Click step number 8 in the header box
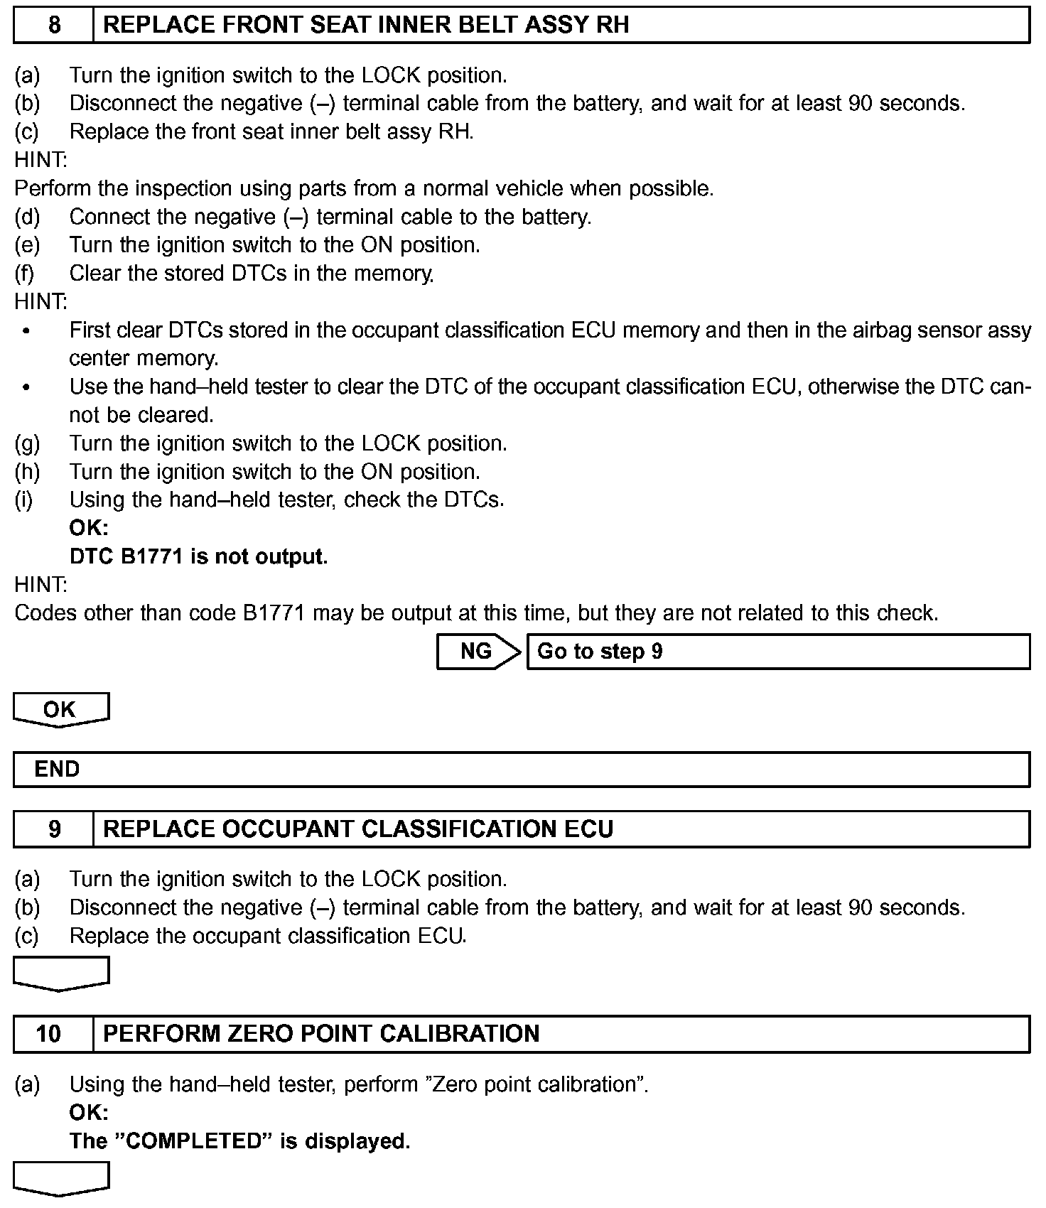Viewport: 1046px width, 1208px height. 54,26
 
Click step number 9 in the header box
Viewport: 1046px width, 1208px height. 54,829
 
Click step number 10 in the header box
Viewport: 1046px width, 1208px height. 48,1033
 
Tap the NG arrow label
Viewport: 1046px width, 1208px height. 477,652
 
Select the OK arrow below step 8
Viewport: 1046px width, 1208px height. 60,709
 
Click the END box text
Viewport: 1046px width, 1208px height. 57,770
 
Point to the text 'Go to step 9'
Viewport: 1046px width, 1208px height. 600,652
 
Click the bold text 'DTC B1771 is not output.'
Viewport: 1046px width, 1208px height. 199,556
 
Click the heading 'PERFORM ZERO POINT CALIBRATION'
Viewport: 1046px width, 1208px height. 321,1033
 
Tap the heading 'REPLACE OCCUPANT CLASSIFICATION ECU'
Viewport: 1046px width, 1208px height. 358,829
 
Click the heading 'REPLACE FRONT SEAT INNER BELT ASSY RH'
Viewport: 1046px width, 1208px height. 366,26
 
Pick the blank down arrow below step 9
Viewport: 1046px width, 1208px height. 61,972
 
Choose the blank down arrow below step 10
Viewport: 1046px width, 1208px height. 61,1178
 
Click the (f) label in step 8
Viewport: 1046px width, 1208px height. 26,274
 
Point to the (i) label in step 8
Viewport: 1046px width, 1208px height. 24,500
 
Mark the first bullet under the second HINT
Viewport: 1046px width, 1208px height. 27,331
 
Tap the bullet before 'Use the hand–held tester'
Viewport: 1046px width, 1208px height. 27,388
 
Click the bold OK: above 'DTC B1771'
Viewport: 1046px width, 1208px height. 89,528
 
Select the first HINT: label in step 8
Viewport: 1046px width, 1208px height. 41,160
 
